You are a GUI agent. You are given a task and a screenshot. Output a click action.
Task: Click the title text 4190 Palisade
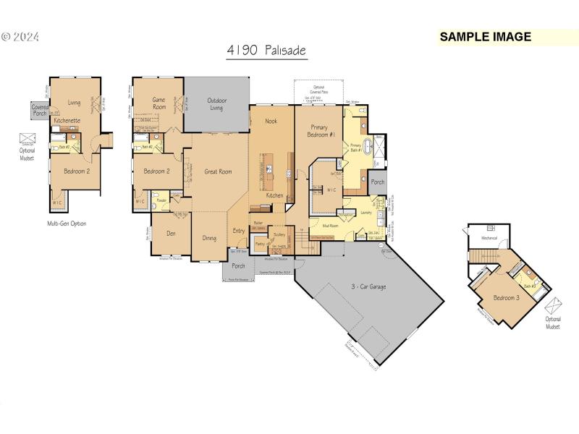[x=266, y=51]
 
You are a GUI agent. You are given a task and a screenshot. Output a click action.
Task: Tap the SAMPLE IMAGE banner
[x=486, y=37]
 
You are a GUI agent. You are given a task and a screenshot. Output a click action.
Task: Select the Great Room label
[x=218, y=171]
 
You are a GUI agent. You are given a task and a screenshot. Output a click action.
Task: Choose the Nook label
[x=271, y=122]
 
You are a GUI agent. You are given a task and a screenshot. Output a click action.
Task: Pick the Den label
[x=172, y=233]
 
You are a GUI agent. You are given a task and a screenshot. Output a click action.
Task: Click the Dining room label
[x=209, y=238]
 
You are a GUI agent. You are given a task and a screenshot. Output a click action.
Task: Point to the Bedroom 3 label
[x=505, y=297]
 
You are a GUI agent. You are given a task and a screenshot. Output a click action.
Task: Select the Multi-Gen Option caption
[x=67, y=224]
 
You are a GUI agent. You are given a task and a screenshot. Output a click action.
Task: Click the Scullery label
[x=279, y=235]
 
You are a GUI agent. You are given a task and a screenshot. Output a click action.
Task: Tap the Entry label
[x=239, y=231]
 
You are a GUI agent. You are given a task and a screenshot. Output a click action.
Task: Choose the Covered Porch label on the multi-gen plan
[x=40, y=109]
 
